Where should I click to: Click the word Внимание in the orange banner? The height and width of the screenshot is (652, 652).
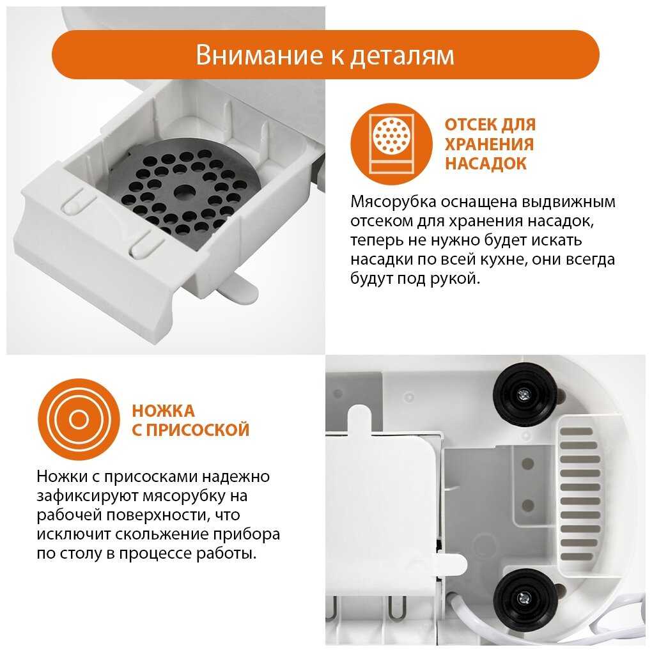[260, 54]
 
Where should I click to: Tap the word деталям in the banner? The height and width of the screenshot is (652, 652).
[402, 56]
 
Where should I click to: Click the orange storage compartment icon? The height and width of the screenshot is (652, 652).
[391, 144]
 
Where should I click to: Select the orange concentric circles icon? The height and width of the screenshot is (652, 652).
[79, 419]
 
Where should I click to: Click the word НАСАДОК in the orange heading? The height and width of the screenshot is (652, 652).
[486, 164]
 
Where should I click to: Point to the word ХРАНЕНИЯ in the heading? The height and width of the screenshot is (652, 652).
[489, 144]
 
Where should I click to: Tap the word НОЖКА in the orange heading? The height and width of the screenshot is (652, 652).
[163, 411]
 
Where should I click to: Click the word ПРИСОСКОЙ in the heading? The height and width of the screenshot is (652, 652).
[198, 430]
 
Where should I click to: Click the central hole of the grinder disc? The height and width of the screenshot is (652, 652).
[184, 192]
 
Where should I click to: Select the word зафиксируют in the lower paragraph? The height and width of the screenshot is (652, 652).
[87, 496]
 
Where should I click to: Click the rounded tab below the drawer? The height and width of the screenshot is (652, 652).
[237, 288]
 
